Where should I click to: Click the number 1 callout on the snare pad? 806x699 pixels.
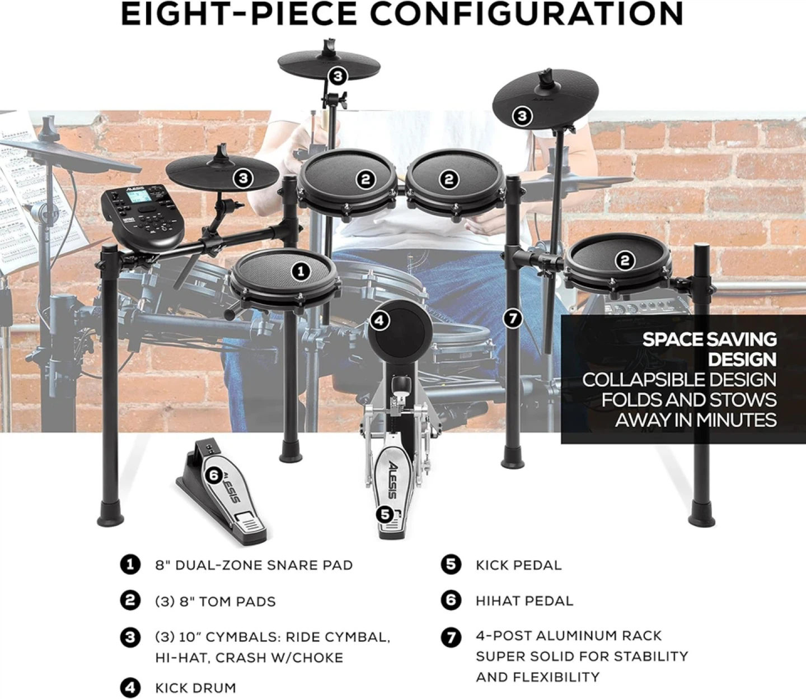301,271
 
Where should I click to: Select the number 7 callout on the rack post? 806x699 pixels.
512,319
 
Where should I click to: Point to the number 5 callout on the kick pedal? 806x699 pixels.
385,514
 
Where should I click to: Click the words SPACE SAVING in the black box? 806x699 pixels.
709,339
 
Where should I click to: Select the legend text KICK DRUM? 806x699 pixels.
195,688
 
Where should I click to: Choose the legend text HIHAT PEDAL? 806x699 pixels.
524,600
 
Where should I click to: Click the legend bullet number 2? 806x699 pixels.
130,600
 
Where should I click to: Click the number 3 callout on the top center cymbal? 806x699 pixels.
338,76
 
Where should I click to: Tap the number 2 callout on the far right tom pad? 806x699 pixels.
625,260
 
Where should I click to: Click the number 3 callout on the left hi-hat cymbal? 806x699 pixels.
243,178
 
